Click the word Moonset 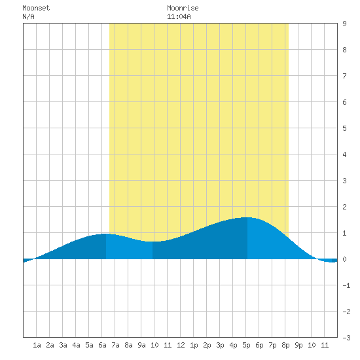click(x=36, y=8)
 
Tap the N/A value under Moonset click(x=28, y=16)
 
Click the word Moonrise click(x=183, y=8)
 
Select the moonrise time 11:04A click(x=179, y=16)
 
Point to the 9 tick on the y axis click(x=344, y=24)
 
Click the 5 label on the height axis click(x=344, y=128)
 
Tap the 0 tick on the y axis click(x=344, y=259)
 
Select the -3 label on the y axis click(x=346, y=338)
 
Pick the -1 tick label click(x=346, y=285)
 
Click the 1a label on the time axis click(x=37, y=345)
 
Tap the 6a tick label click(x=102, y=345)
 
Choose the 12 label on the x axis click(x=181, y=345)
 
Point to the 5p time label click(x=246, y=345)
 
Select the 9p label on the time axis click(x=298, y=345)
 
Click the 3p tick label click(x=220, y=345)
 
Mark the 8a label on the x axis click(x=128, y=345)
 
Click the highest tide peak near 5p click(x=247, y=217)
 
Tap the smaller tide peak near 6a click(x=106, y=234)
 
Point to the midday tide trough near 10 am click(x=153, y=242)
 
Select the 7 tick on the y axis click(x=344, y=76)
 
